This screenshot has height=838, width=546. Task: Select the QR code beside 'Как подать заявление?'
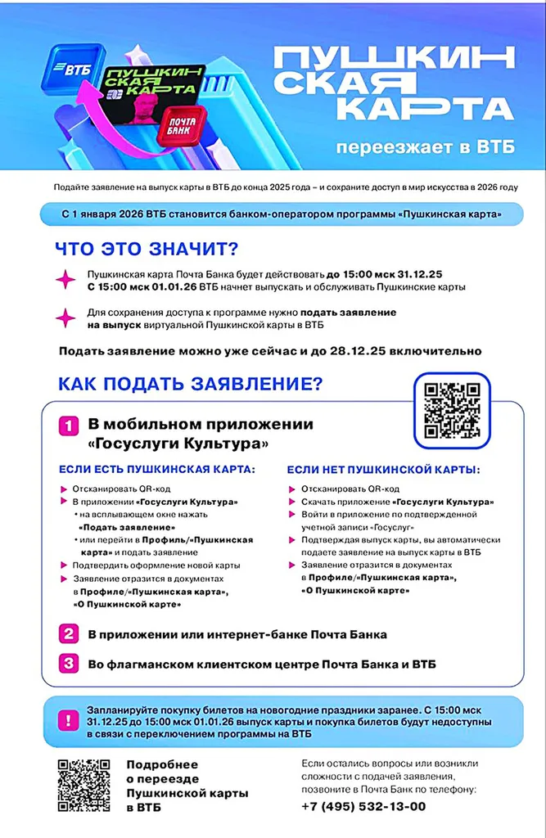tap(452, 411)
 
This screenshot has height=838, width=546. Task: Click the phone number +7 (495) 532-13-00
tap(363, 806)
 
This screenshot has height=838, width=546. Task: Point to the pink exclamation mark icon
tap(65, 723)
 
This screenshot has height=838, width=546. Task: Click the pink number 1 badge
tap(68, 426)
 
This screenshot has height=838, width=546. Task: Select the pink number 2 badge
tap(68, 634)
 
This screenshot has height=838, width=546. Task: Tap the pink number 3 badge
tap(68, 664)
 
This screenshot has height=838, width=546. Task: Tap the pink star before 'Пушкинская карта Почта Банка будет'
tap(65, 280)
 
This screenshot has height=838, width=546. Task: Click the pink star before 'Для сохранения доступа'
tap(65, 318)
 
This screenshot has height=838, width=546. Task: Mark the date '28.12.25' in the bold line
tap(401, 352)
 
